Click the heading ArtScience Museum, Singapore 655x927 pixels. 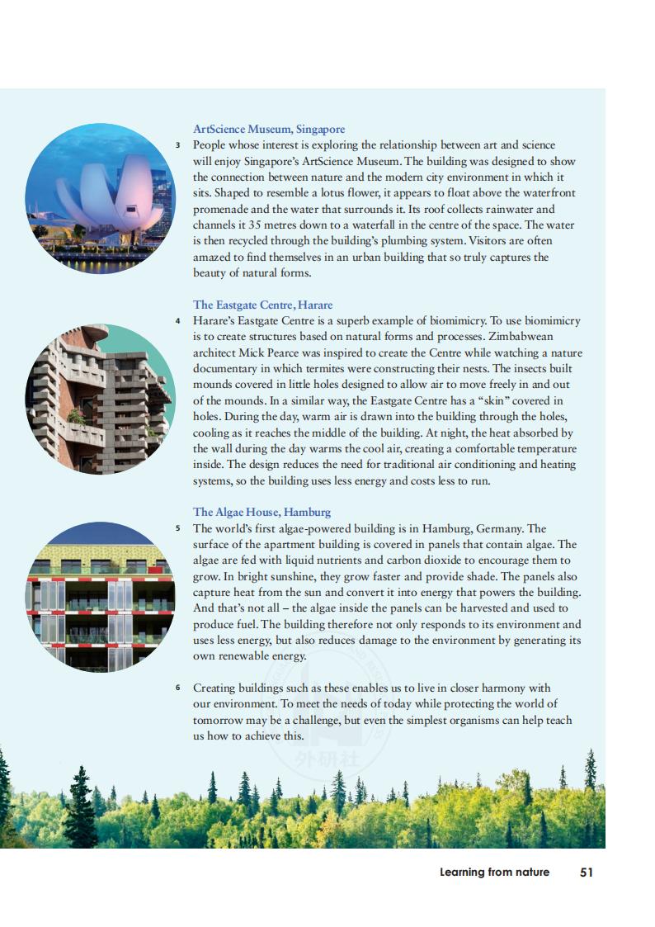[269, 129]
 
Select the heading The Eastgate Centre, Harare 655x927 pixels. [262, 305]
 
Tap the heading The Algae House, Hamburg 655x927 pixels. [262, 512]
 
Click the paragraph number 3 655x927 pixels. [177, 145]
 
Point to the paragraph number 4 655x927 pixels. [177, 321]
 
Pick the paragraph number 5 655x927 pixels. [177, 528]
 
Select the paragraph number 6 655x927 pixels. [177, 688]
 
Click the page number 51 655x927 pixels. [587, 872]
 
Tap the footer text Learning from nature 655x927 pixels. [494, 872]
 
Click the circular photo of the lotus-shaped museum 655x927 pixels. [100, 199]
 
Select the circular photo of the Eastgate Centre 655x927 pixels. [100, 399]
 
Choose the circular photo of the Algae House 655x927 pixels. [100, 596]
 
